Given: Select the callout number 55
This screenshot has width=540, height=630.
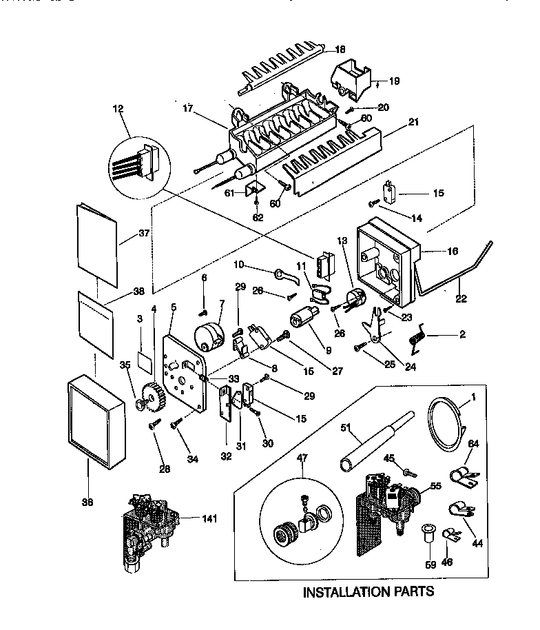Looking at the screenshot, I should pyautogui.click(x=435, y=487).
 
